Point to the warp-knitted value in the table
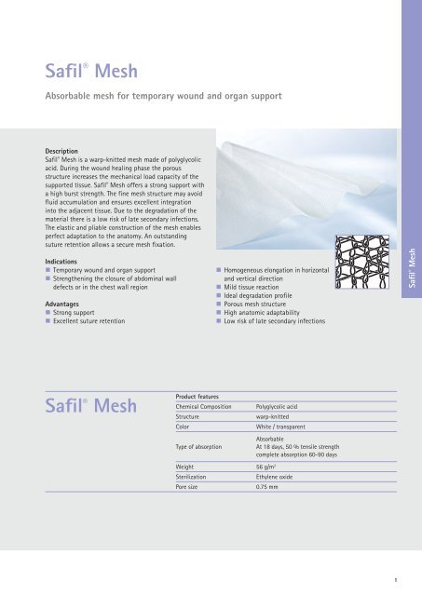click(276, 417)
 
